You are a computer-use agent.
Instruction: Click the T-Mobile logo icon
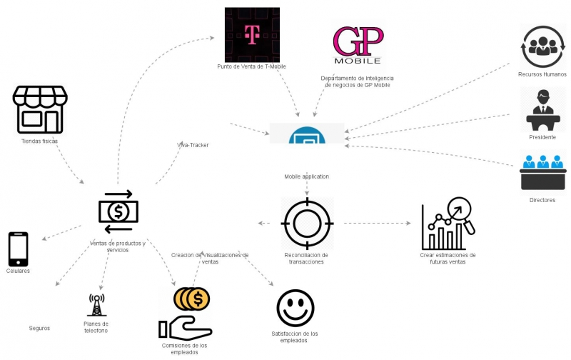tap(252, 34)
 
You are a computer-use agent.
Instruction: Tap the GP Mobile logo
tap(358, 45)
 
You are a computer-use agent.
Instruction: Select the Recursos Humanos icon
tap(543, 46)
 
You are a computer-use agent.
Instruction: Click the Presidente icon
tap(543, 109)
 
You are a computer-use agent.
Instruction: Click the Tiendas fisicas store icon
tap(40, 109)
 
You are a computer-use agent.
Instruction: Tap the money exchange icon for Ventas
tap(118, 211)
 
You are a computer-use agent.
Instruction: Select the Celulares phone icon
tap(19, 249)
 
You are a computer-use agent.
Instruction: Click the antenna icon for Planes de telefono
tap(96, 305)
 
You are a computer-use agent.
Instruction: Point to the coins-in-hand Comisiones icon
tap(187, 313)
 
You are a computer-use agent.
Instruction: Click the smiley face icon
tap(295, 308)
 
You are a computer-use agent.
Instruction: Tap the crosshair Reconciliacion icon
tap(307, 223)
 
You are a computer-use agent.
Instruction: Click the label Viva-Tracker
tap(193, 145)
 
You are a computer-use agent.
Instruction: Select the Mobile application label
tap(307, 176)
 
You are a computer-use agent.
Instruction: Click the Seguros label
tap(39, 328)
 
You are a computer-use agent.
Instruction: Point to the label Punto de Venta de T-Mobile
tap(251, 67)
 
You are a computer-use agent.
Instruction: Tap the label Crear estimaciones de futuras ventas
tap(448, 259)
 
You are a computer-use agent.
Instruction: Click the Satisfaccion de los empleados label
tap(295, 337)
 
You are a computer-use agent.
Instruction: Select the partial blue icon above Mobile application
tap(307, 134)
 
